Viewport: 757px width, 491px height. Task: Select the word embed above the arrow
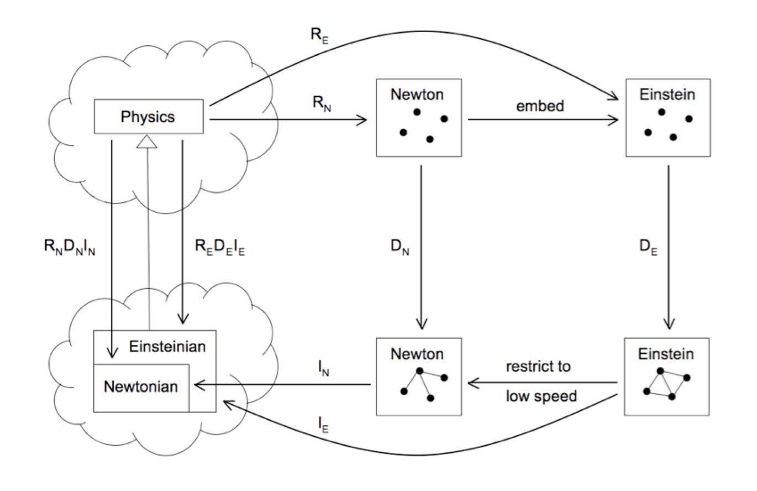539,106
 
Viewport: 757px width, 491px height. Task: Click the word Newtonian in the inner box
141,386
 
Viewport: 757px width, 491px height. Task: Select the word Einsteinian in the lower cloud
167,347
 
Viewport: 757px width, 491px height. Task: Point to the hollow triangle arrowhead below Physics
148,142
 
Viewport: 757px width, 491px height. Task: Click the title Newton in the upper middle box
417,94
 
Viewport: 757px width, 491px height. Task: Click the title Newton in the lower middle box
417,352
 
